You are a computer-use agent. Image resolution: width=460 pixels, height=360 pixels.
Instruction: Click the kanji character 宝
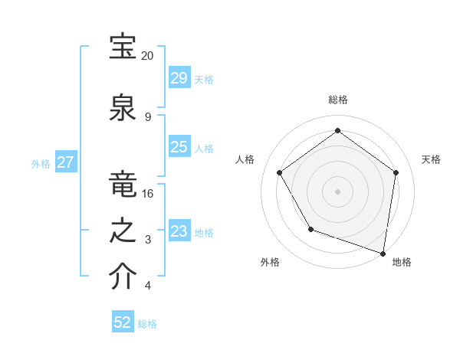123,47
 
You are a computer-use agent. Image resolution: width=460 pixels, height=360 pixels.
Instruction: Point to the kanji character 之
123,231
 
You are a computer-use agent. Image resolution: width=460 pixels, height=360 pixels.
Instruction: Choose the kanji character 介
123,277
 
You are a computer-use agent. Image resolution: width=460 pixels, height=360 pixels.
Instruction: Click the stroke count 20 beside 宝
148,56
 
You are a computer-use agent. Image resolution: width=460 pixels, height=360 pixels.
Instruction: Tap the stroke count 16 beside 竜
148,194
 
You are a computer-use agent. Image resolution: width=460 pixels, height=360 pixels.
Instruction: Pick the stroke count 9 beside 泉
147,116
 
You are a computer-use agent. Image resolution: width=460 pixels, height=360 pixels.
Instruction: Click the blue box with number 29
179,78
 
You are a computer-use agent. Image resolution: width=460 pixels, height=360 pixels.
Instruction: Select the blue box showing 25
179,147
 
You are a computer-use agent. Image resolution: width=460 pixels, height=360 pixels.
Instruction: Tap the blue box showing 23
179,231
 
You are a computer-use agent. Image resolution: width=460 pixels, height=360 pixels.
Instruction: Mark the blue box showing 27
65,162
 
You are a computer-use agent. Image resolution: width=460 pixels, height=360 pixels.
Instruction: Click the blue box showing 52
123,322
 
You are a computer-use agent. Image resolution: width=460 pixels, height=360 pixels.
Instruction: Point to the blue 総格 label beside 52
147,324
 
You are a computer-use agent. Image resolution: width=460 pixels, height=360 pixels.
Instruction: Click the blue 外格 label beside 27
41,163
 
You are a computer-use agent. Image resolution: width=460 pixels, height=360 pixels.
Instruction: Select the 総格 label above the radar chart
338,100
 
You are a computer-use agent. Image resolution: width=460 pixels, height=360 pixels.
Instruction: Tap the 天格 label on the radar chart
431,159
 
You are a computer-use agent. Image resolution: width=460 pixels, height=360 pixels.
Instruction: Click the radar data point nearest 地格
383,253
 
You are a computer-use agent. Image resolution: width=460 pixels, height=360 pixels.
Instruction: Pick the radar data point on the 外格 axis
310,229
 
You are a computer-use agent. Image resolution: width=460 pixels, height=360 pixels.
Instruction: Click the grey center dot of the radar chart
338,191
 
